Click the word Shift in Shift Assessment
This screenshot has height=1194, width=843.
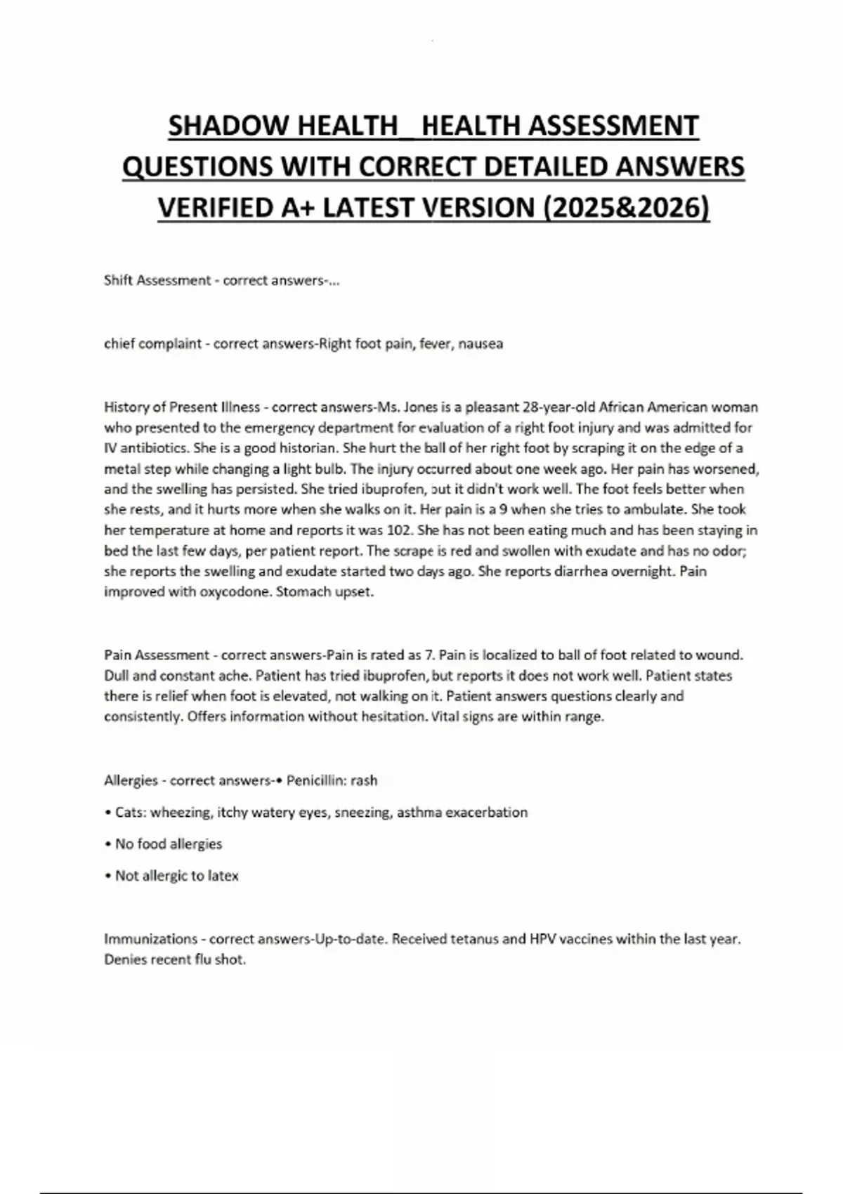pyautogui.click(x=118, y=280)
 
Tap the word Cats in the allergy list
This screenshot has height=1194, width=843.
pyautogui.click(x=129, y=813)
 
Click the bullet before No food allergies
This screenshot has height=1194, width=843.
pyautogui.click(x=107, y=844)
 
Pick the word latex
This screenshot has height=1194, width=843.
pyautogui.click(x=223, y=876)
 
